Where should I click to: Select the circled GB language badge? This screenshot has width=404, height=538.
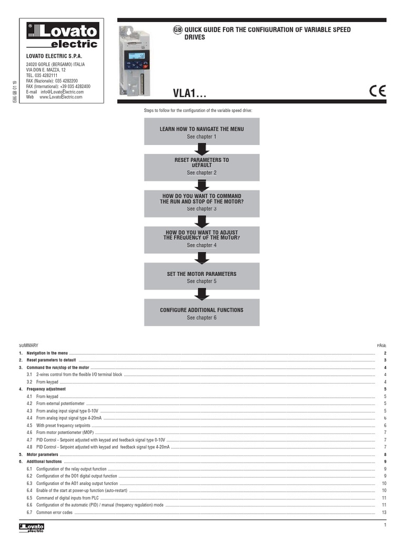point(177,30)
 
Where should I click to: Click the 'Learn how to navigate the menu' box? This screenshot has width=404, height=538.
point(201,132)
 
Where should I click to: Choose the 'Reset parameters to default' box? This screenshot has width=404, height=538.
point(201,166)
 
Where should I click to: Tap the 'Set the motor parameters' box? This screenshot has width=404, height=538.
point(201,277)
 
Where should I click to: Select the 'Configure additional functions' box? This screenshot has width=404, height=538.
point(201,313)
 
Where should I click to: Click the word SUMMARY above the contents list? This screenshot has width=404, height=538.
point(28,345)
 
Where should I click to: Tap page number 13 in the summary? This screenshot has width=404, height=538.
point(385,512)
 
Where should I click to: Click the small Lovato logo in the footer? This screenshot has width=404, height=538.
point(32,527)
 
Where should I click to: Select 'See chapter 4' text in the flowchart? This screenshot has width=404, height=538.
point(201,245)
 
